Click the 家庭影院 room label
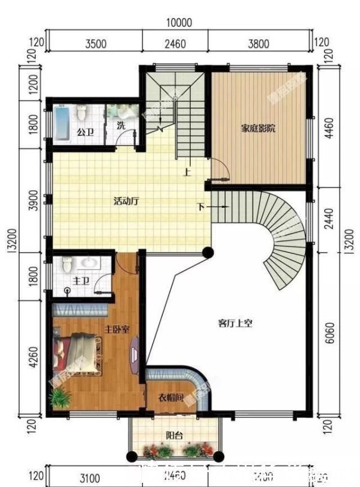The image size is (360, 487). pyautogui.click(x=259, y=128)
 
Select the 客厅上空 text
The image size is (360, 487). pyautogui.click(x=235, y=323)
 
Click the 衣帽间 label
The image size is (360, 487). pyautogui.click(x=170, y=398)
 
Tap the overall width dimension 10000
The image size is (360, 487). pyautogui.click(x=179, y=23)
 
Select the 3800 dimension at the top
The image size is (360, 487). pyautogui.click(x=259, y=43)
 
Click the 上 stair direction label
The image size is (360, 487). pyautogui.click(x=188, y=173)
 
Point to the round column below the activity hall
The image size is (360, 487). pyautogui.click(x=207, y=252)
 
